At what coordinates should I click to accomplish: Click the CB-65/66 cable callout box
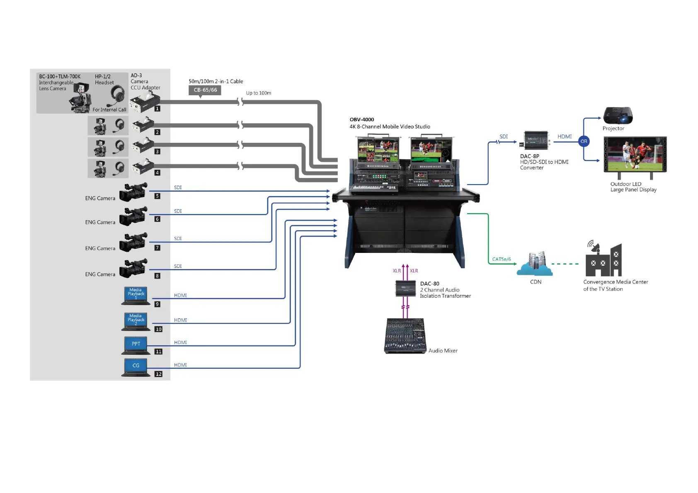tap(205, 90)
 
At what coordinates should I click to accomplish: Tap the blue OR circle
tap(584, 141)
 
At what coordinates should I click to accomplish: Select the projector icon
tap(618, 115)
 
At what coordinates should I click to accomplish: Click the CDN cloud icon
tap(535, 265)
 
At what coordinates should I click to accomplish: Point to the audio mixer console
tap(405, 336)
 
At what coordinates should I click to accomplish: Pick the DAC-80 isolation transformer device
tap(405, 289)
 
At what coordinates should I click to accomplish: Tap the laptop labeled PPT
tap(136, 345)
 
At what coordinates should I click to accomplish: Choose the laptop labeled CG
tap(136, 367)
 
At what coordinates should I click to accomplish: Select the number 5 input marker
tap(157, 196)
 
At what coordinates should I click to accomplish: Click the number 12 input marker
tap(158, 374)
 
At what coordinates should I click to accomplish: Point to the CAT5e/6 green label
tap(502, 259)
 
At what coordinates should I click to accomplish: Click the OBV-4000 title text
tap(362, 120)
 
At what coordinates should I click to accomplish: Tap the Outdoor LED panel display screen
tap(635, 154)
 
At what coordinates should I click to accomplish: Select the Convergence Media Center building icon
tap(603, 261)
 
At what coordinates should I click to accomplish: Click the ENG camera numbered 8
tap(133, 269)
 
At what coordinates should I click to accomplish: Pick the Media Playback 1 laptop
tap(136, 296)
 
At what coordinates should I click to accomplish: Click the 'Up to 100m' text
tap(259, 93)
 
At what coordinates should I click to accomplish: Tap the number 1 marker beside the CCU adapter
tap(157, 108)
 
